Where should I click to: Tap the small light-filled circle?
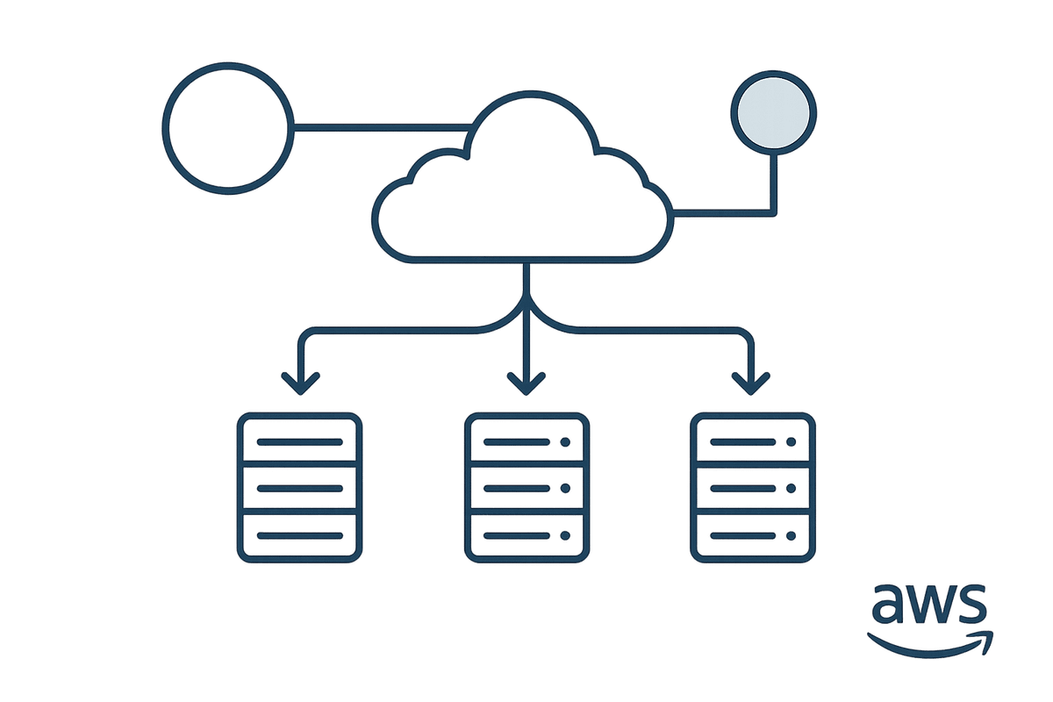pos(774,113)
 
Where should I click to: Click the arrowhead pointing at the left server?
pos(301,383)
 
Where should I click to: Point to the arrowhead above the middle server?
pos(526,383)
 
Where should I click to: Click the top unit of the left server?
pos(299,442)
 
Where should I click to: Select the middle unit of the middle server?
pos(526,489)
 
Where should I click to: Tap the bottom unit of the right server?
pos(753,535)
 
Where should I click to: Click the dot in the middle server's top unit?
pos(564,442)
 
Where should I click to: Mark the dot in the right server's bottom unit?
pos(792,535)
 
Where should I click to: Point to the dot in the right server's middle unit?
pos(792,489)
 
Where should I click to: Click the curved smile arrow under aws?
pos(930,643)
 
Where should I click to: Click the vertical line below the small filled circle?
pos(774,180)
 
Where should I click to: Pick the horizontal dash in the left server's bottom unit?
pos(299,535)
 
